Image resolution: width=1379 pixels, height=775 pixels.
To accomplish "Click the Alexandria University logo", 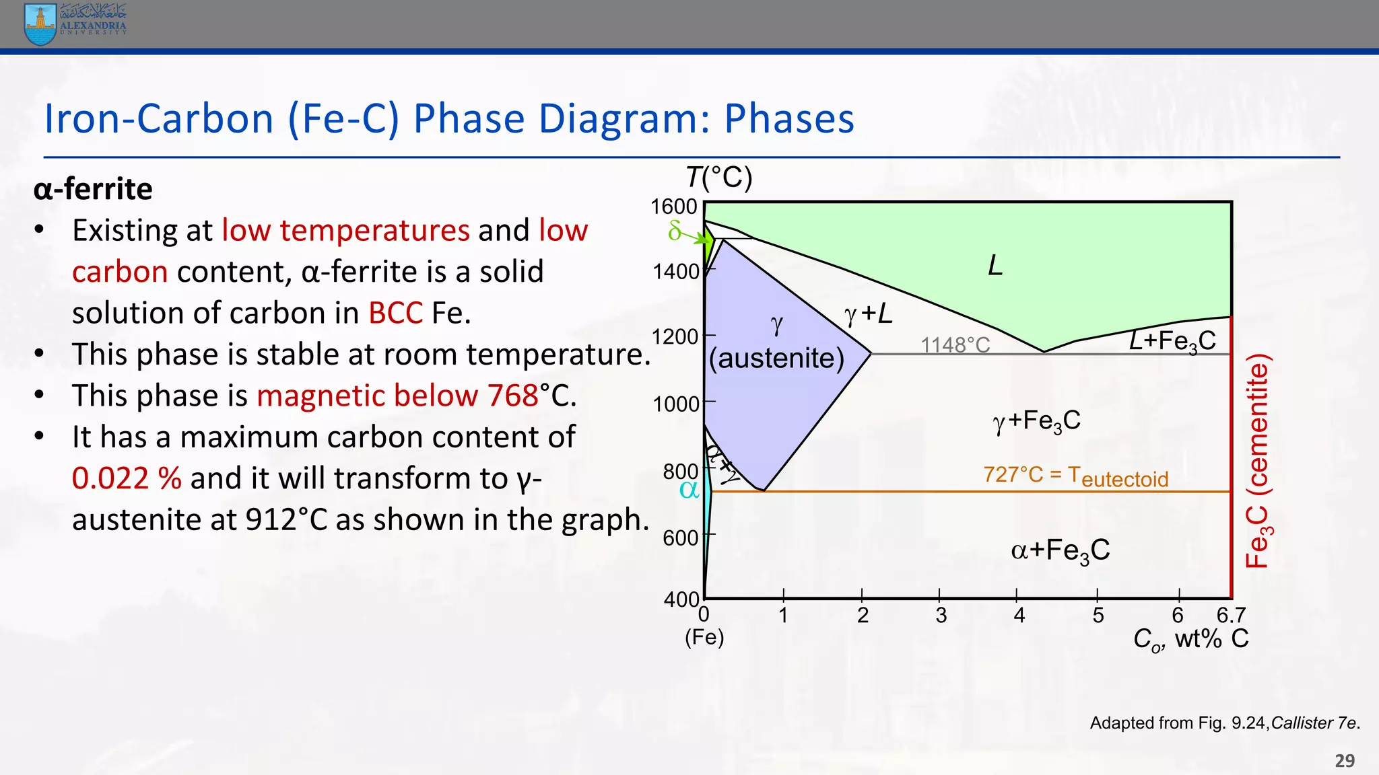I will click(x=74, y=24).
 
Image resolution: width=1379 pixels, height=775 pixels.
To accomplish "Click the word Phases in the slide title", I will click(x=788, y=119).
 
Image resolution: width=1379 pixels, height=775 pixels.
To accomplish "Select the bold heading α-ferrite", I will click(x=93, y=189).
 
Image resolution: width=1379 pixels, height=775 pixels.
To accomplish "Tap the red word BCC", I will click(x=395, y=313).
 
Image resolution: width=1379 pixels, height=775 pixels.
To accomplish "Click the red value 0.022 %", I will click(x=127, y=478).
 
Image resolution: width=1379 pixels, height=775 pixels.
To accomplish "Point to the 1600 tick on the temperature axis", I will click(x=673, y=207).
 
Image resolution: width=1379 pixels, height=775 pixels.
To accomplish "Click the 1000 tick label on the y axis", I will click(x=675, y=404).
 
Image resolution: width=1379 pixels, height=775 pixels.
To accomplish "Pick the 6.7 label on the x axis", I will click(x=1231, y=615).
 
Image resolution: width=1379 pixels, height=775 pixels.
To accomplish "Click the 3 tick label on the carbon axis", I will click(x=941, y=615).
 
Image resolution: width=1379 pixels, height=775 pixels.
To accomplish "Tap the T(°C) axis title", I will click(x=719, y=178).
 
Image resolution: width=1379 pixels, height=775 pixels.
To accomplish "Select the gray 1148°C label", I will click(x=955, y=345).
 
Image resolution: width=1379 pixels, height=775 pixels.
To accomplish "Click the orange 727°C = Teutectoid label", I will click(x=1075, y=476).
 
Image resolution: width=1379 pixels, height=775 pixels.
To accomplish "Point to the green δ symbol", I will click(x=674, y=231).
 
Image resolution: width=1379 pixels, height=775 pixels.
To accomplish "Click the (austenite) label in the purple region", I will click(x=776, y=358).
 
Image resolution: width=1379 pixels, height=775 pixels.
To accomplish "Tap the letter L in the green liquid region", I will click(x=995, y=266).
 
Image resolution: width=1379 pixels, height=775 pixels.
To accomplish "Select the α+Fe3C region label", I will click(x=1060, y=551).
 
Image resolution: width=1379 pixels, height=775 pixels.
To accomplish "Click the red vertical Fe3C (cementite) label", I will click(x=1258, y=461).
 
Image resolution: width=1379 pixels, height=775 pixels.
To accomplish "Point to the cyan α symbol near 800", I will click(x=689, y=490).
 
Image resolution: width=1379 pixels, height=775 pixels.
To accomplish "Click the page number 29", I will click(x=1345, y=760).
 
